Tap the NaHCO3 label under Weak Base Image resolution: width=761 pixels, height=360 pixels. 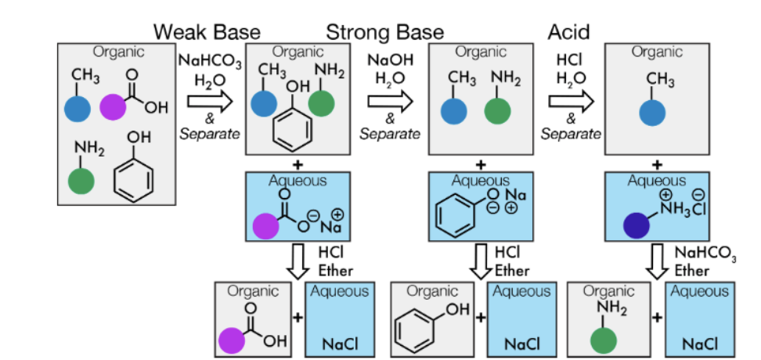210,61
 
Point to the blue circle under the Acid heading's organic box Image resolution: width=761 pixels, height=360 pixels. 654,112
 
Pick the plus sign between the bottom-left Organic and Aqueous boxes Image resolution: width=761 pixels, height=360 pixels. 297,318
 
